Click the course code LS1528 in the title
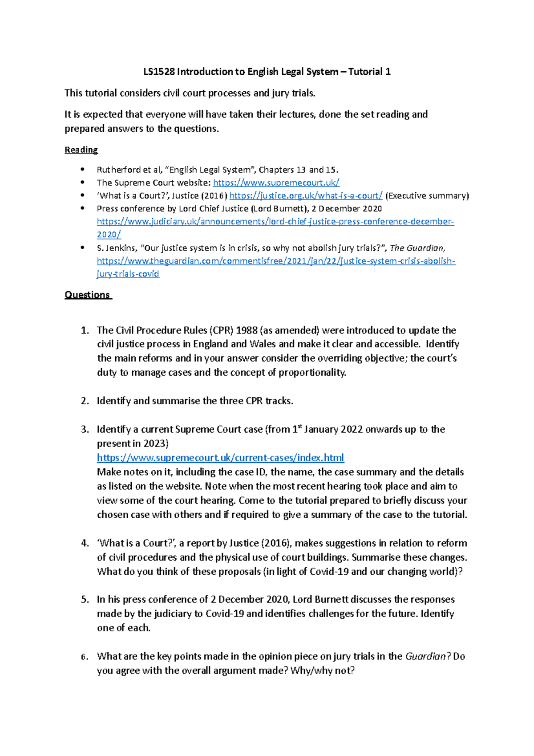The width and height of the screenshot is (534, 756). pyautogui.click(x=159, y=72)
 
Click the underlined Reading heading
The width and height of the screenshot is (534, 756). pyautogui.click(x=81, y=150)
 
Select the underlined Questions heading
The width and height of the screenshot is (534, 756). pyautogui.click(x=87, y=295)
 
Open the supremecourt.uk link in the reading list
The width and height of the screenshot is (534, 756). pyautogui.click(x=276, y=183)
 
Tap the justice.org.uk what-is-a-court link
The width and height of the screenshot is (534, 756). pyautogui.click(x=306, y=195)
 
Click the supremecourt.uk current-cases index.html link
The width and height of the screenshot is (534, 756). pyautogui.click(x=220, y=458)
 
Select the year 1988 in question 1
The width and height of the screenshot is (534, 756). pyautogui.click(x=247, y=330)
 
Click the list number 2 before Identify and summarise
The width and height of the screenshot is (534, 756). pyautogui.click(x=85, y=401)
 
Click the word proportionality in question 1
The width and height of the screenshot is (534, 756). pyautogui.click(x=312, y=373)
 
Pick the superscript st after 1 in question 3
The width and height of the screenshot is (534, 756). pyautogui.click(x=300, y=427)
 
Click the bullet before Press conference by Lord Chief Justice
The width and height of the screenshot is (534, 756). pyautogui.click(x=82, y=208)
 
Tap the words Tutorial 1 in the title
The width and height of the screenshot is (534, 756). pyautogui.click(x=369, y=72)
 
